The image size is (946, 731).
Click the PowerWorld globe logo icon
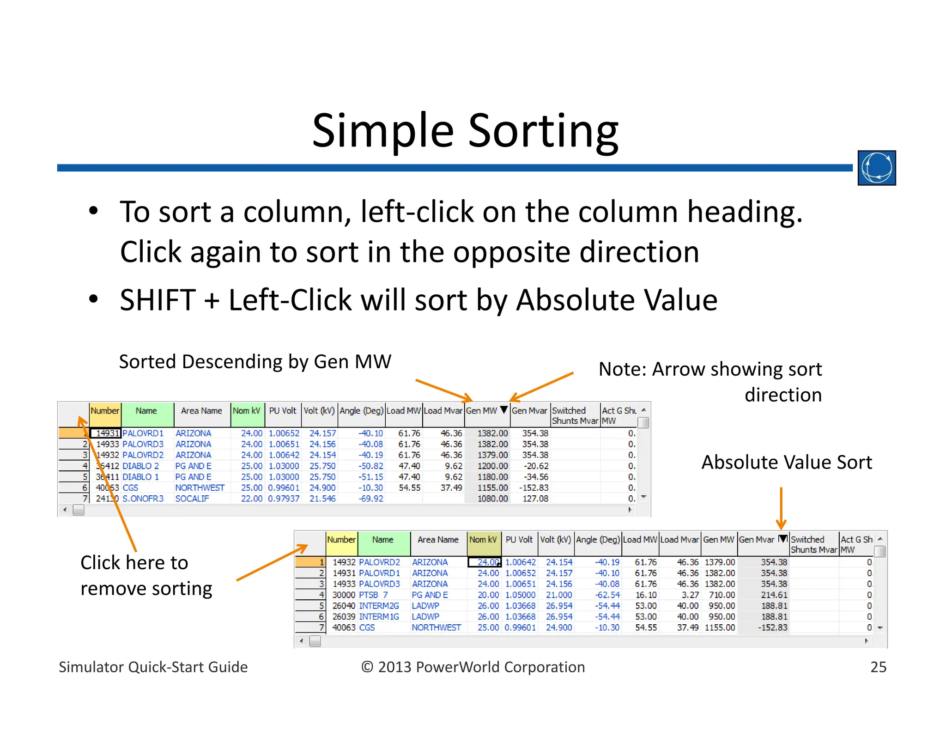click(x=876, y=168)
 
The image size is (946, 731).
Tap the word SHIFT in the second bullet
click(x=158, y=300)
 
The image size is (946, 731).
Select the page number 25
click(x=878, y=667)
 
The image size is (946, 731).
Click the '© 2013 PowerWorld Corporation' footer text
click(x=473, y=667)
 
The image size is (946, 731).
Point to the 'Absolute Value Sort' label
click(x=786, y=462)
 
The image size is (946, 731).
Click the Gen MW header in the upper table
click(x=481, y=411)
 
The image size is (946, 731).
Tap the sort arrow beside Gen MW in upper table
click(x=503, y=409)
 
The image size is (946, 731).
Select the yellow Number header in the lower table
click(x=341, y=540)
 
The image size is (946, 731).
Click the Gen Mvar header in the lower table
click(x=757, y=540)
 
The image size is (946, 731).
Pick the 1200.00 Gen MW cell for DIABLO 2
click(x=492, y=466)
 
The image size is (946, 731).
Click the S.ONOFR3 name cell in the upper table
click(x=143, y=499)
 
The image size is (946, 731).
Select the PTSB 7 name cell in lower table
click(x=373, y=595)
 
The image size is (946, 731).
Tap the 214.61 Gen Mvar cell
click(x=774, y=595)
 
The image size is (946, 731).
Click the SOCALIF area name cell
click(x=192, y=499)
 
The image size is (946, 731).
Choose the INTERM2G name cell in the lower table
click(x=379, y=606)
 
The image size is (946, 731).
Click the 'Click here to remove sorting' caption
click(x=146, y=575)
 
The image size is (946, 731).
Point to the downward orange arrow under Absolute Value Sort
click(x=781, y=508)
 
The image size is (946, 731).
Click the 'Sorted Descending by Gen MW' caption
click(x=255, y=361)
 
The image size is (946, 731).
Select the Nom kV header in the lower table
click(x=483, y=540)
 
